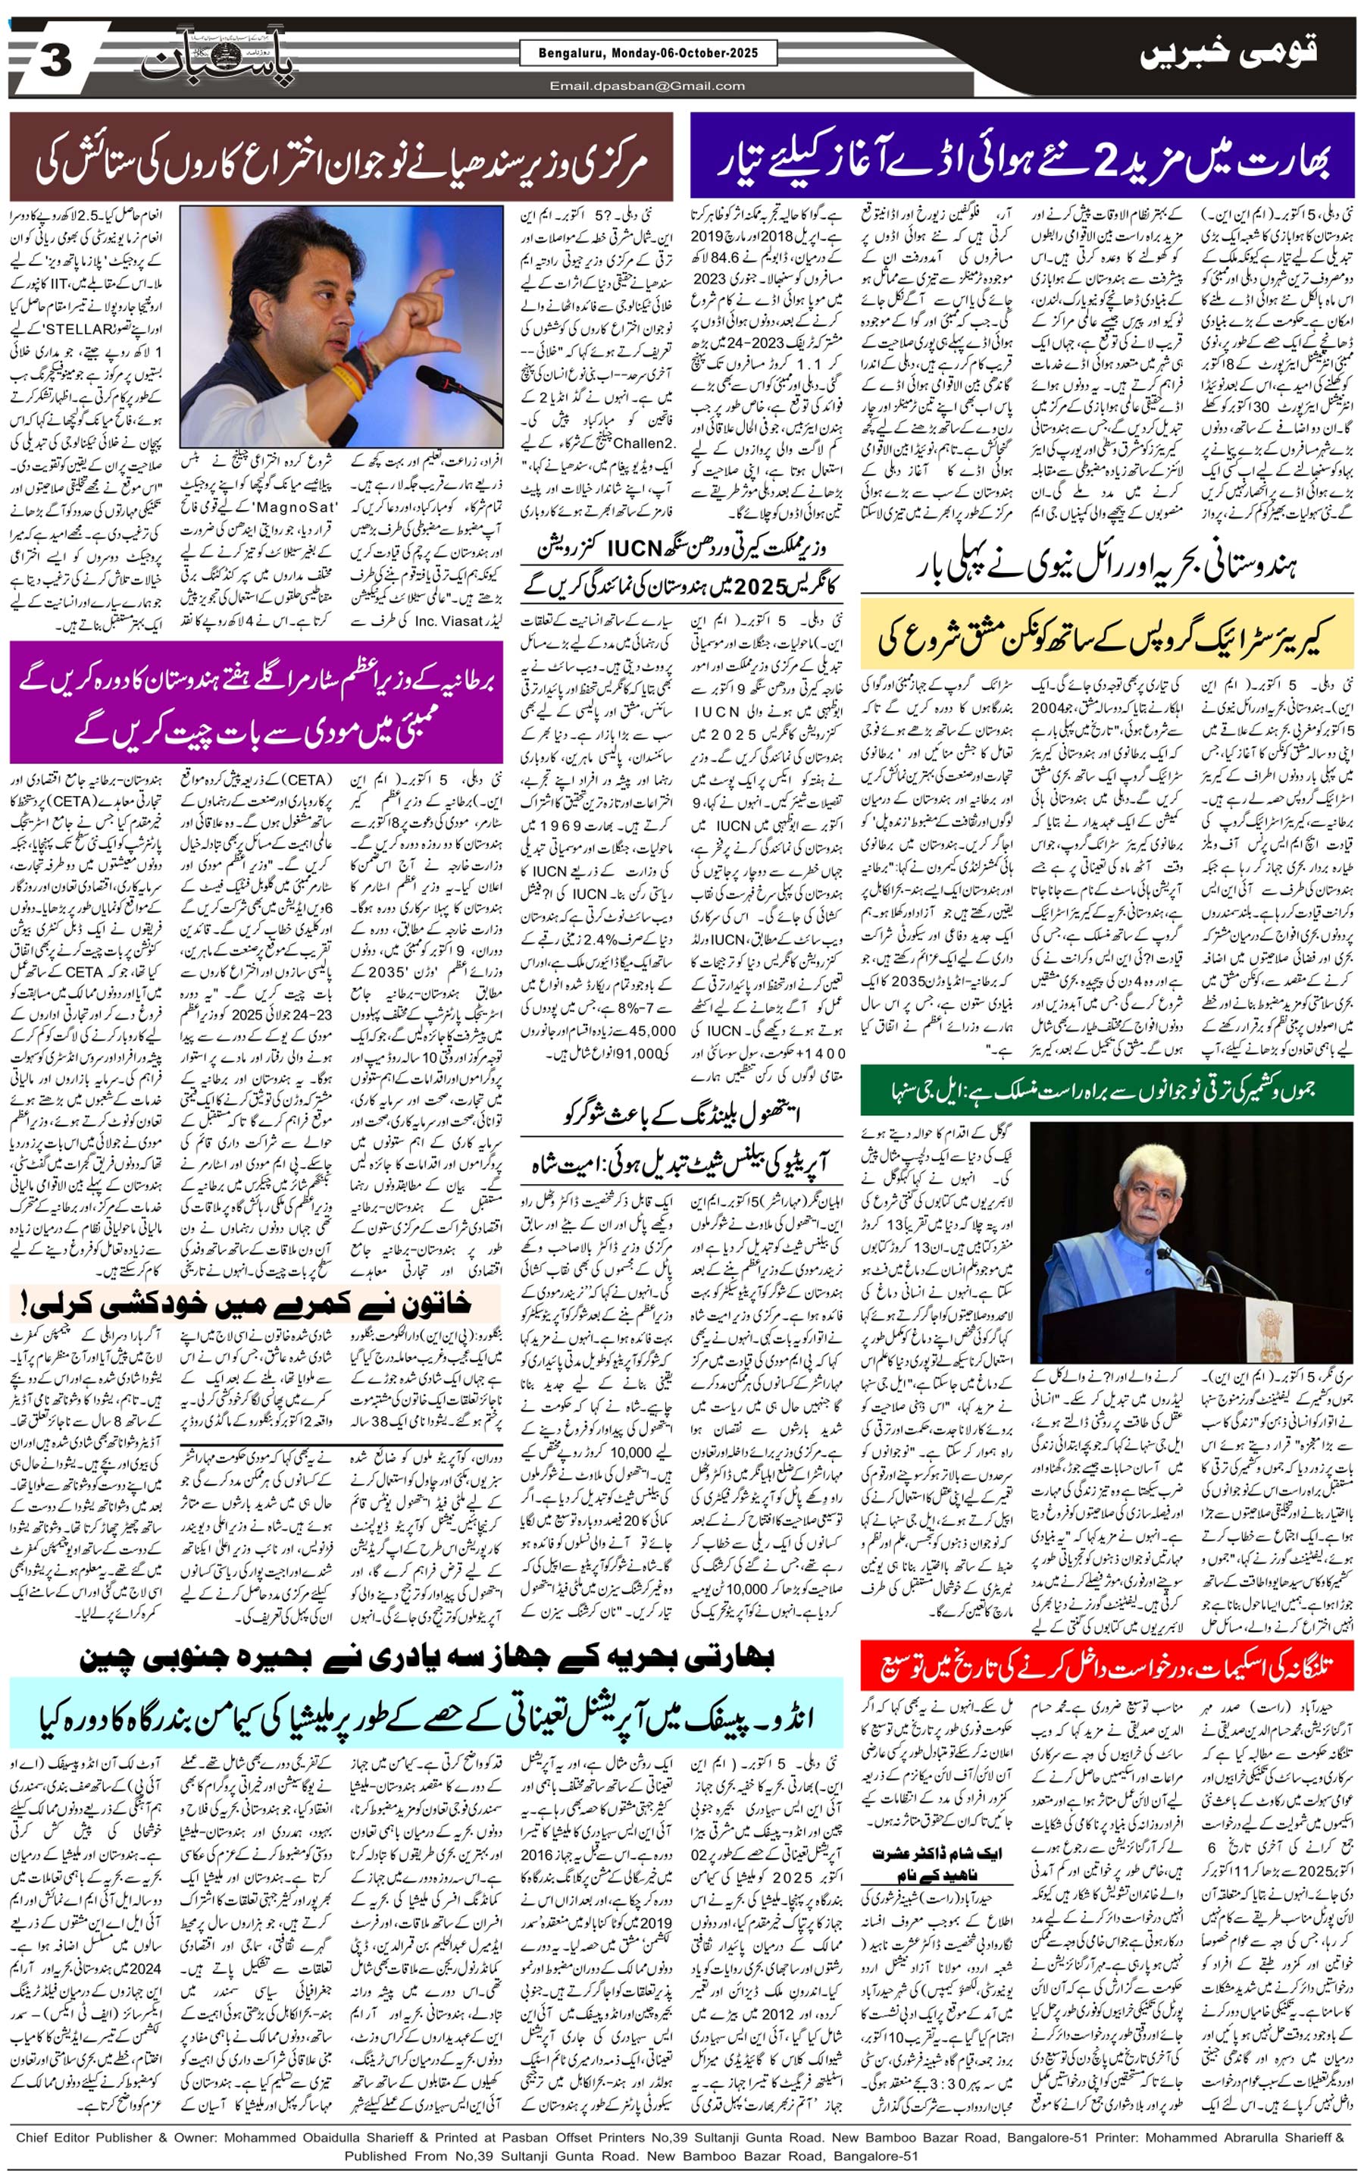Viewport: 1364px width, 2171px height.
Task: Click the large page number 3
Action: click(x=55, y=61)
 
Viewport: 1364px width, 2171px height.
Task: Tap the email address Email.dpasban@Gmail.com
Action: click(x=647, y=86)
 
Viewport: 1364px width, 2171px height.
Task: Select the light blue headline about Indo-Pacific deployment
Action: click(x=426, y=1719)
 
